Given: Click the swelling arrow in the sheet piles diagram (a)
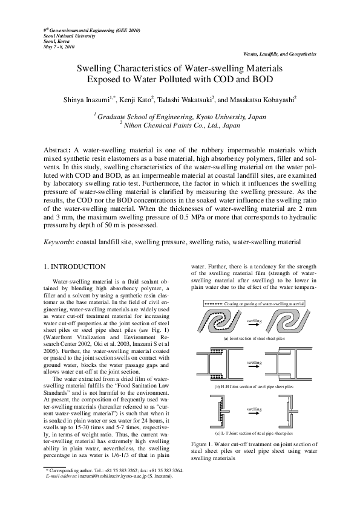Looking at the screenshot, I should coord(254,325).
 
